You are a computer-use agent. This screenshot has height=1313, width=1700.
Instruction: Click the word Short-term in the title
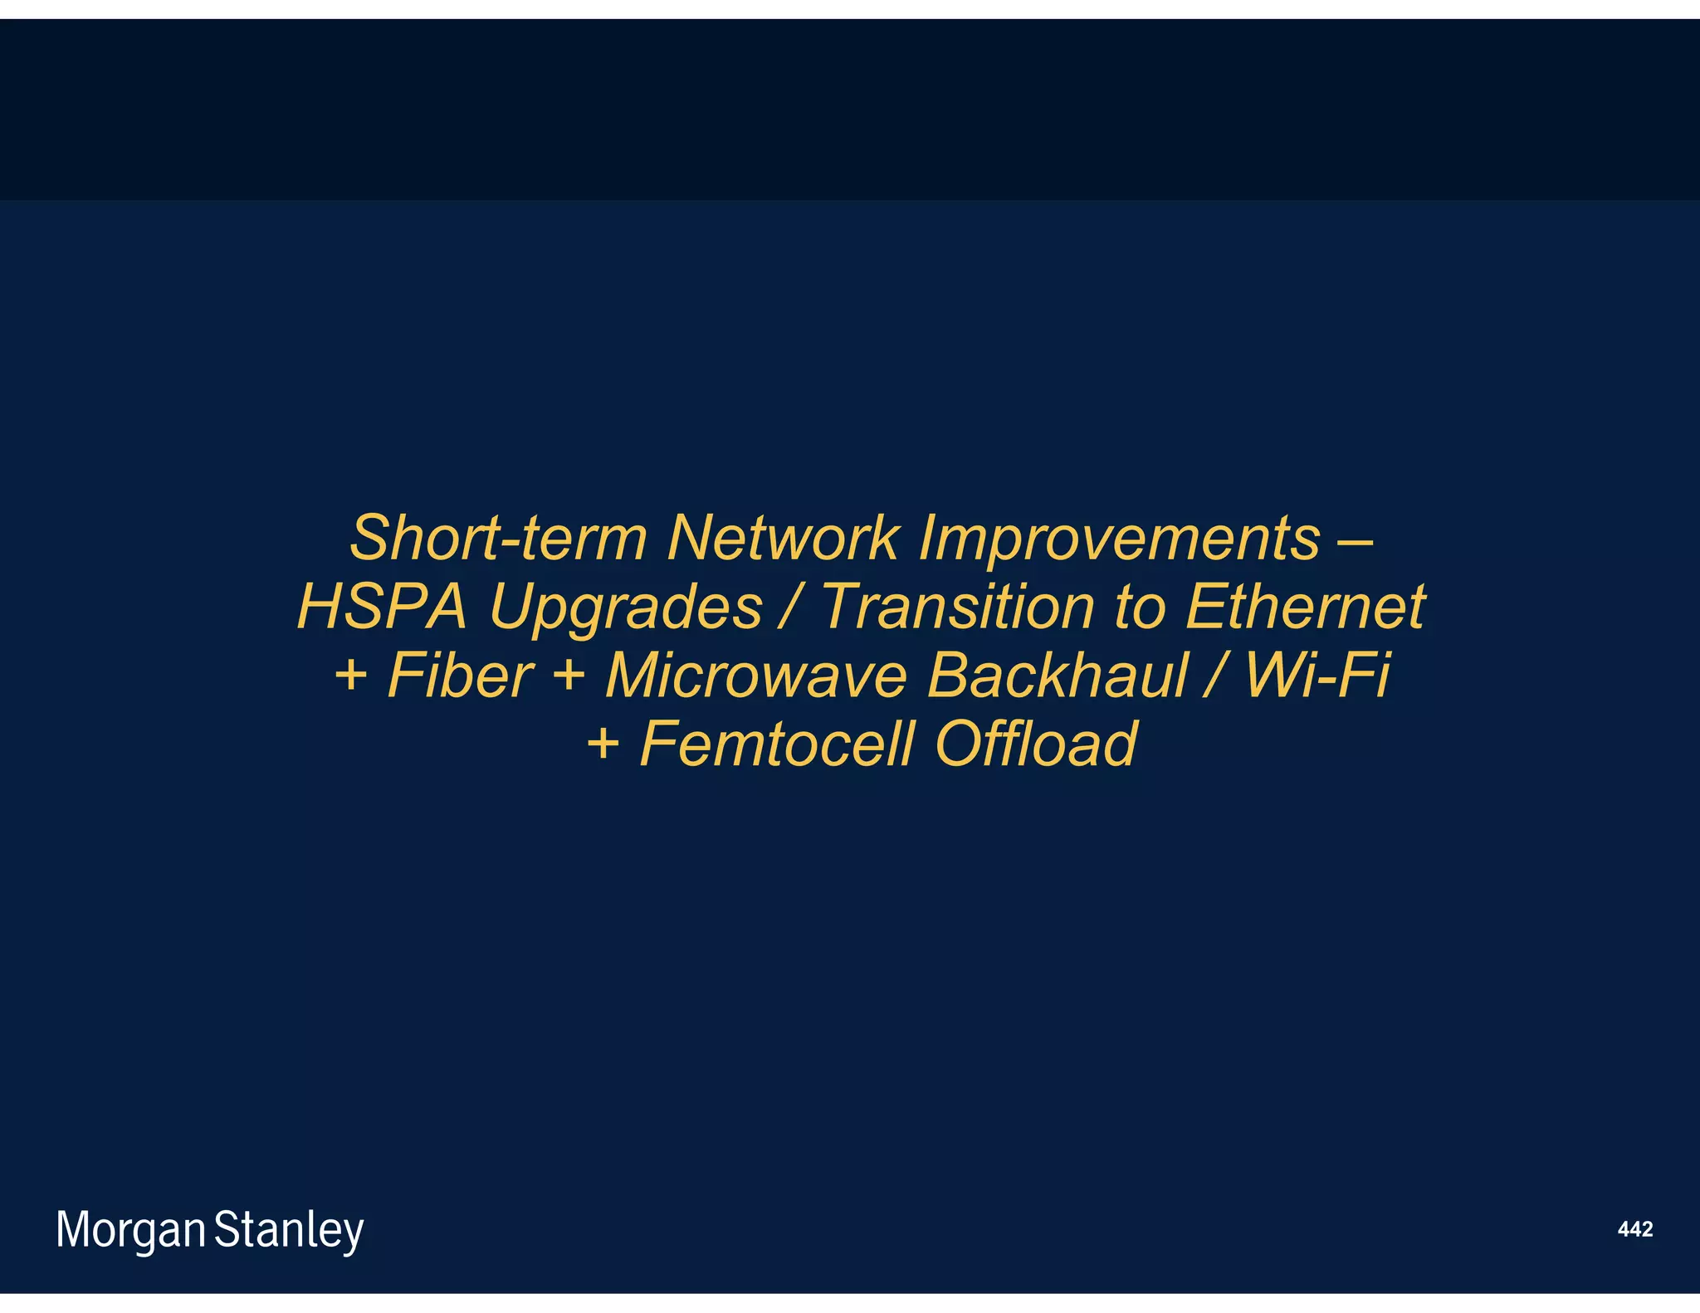[x=497, y=538]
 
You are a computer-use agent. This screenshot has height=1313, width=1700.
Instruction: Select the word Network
[x=782, y=538]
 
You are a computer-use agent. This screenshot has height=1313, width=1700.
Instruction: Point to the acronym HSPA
[x=383, y=606]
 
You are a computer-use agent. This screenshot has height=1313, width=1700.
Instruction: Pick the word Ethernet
[x=1305, y=606]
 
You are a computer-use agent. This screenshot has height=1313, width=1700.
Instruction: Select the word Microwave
[x=756, y=675]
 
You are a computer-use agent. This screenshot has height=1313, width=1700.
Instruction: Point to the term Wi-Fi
[x=1317, y=675]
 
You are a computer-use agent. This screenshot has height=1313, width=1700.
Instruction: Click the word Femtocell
[x=777, y=744]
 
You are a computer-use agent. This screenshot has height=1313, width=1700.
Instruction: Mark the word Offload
[x=1035, y=744]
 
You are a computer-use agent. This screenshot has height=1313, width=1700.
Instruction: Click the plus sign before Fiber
[x=350, y=675]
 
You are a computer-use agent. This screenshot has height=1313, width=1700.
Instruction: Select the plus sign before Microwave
[x=569, y=675]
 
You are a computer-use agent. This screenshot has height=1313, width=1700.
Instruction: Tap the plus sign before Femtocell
[x=603, y=744]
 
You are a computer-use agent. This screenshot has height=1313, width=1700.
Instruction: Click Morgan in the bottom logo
[x=130, y=1231]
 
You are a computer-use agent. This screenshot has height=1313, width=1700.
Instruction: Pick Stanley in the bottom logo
[x=289, y=1231]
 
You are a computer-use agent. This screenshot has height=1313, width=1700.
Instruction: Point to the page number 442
[x=1634, y=1229]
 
